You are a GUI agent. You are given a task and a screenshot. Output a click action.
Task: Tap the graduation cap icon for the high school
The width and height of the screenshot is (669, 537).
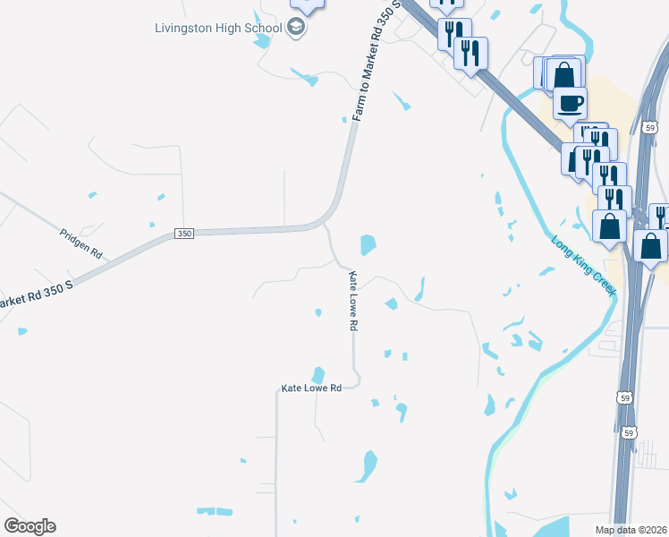point(296,28)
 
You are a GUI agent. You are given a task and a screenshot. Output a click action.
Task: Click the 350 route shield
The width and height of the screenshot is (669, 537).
point(183,234)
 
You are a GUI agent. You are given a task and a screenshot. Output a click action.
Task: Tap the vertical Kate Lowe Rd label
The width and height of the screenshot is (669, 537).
point(352,302)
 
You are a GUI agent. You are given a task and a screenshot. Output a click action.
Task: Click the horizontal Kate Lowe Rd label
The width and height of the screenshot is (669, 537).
point(311,388)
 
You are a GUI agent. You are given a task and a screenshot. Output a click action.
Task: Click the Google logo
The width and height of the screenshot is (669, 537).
point(30,526)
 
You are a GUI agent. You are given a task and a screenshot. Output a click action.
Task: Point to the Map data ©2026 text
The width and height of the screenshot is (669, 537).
point(631,530)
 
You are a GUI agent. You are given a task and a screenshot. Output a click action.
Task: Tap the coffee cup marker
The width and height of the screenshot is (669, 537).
point(571,103)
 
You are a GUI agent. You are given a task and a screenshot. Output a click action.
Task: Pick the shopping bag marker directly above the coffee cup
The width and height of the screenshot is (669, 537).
point(563,73)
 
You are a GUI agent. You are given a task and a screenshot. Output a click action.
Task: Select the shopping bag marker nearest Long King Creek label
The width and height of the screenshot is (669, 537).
point(610,226)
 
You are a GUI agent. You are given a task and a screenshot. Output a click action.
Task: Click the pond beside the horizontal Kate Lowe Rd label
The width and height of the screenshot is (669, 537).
point(318,374)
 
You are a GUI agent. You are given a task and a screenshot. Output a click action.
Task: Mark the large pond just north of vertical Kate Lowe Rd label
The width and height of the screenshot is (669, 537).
point(367,243)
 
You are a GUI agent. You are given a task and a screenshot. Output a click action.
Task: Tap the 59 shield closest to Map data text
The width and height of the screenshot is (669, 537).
point(629,432)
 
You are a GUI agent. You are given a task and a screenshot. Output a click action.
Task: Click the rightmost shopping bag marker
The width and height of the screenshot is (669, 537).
point(650,244)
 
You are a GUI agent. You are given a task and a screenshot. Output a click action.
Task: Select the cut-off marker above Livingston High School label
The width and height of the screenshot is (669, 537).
point(308,4)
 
